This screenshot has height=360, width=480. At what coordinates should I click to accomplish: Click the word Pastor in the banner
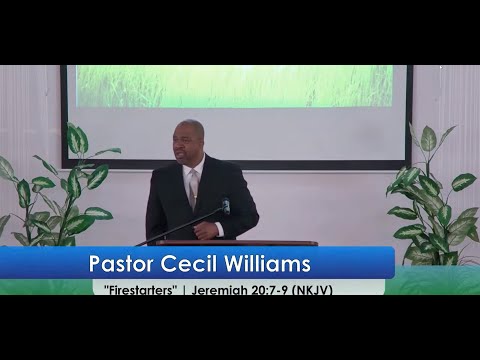pos(121,264)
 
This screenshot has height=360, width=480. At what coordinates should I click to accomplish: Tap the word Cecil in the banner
pos(189,263)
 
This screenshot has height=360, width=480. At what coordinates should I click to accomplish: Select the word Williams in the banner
pos(267,263)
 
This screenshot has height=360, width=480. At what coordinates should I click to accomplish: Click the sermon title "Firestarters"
pos(140,290)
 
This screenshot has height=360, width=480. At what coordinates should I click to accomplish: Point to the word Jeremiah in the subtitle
pos(220,290)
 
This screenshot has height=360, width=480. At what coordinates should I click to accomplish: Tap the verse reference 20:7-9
pos(270,290)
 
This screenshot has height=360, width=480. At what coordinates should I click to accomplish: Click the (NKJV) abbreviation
pos(312,290)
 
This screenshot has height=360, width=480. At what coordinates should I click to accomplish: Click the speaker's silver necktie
pos(194,188)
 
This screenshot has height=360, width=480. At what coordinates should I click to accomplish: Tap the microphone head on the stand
pos(226,206)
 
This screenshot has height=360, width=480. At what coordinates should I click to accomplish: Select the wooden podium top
pos(237,243)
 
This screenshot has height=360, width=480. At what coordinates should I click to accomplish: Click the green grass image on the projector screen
pos(234,86)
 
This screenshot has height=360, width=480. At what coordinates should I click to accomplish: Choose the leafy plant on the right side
pos(433,197)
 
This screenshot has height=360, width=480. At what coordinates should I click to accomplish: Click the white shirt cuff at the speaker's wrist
pos(219,229)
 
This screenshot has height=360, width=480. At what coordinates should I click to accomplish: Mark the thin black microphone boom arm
pos(182,227)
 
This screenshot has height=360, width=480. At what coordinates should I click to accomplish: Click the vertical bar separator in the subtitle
pos(184,290)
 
